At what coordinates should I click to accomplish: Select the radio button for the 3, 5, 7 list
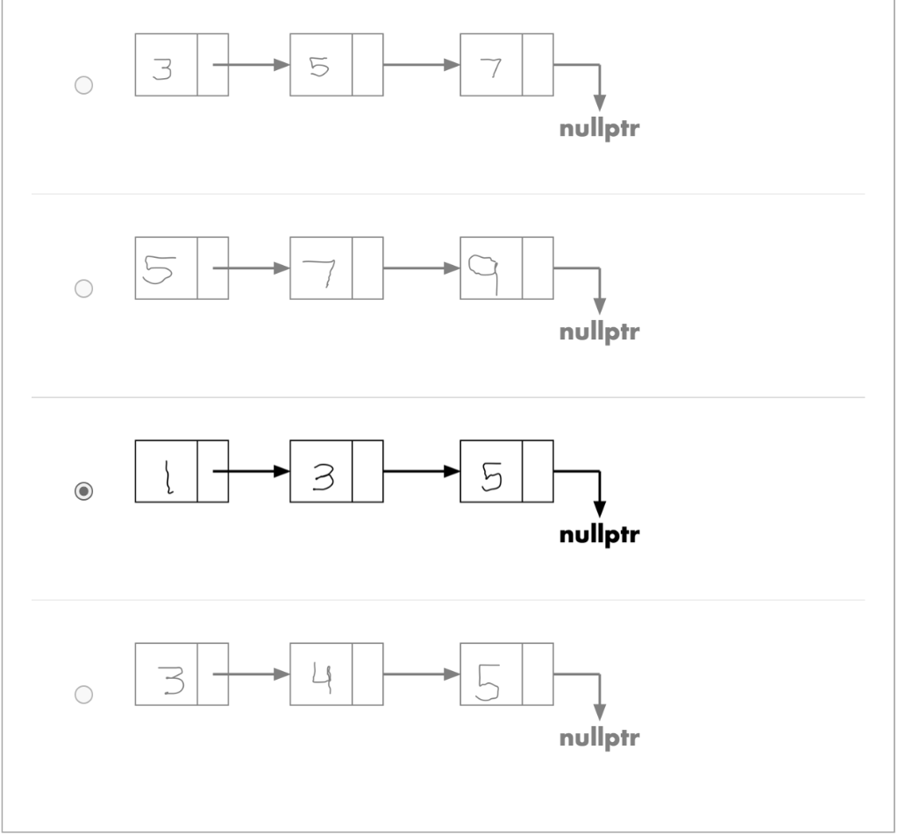pos(83,85)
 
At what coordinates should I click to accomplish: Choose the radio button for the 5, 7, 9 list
pos(83,289)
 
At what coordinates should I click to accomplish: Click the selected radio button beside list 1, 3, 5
pos(83,492)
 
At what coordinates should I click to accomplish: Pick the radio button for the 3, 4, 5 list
pos(83,695)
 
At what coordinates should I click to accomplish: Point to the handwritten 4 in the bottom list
pos(321,675)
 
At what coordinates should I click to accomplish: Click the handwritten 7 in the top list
pos(492,67)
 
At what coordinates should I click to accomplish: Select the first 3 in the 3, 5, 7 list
pos(163,68)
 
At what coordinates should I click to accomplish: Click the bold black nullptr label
pos(599,535)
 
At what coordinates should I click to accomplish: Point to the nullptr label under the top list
pos(599,129)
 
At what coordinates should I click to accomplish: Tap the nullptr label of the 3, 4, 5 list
pos(599,738)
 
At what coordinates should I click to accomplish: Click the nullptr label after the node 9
pos(599,332)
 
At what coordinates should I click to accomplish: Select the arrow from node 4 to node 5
pos(421,674)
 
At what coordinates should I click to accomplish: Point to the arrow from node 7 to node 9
pos(421,268)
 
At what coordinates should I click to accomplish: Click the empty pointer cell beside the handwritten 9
pos(538,268)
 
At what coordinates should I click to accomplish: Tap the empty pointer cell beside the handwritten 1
pos(213,472)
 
